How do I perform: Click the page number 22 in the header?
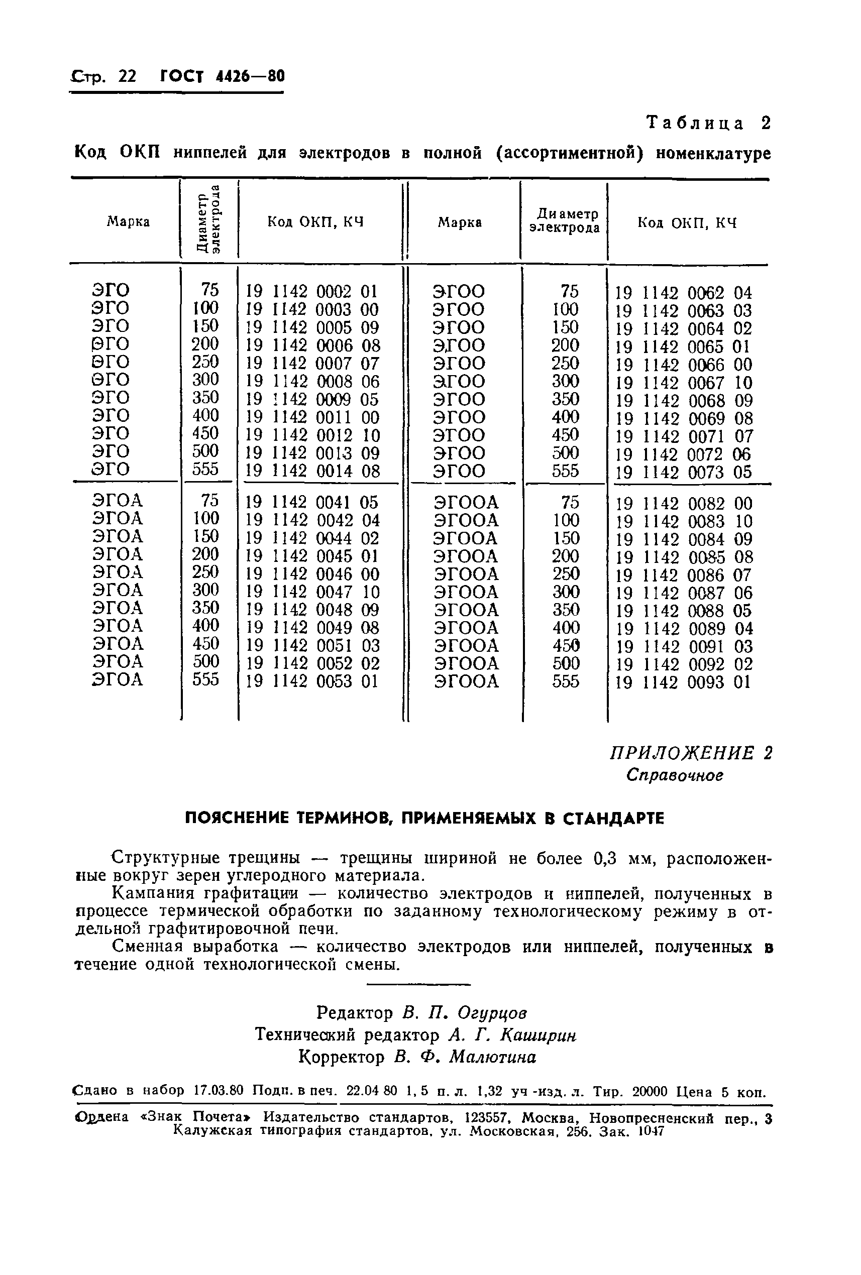(x=127, y=76)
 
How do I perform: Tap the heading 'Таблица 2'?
(x=708, y=123)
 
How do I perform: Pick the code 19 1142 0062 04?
(x=683, y=292)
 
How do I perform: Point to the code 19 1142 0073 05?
(x=683, y=473)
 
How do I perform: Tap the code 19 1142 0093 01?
(x=683, y=682)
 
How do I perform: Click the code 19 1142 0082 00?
(x=683, y=504)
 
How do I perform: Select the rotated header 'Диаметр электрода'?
(x=208, y=221)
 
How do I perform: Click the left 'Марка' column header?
(x=128, y=221)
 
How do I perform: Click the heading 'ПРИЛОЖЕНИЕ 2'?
(x=691, y=753)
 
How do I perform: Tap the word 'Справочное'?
(x=675, y=775)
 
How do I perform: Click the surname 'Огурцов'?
(x=492, y=1012)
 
